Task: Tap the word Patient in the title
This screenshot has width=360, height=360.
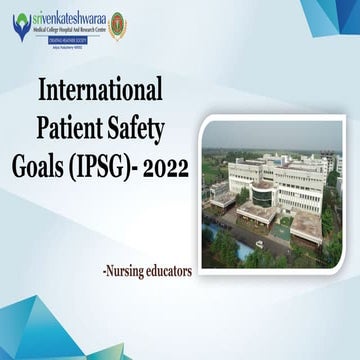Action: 71,127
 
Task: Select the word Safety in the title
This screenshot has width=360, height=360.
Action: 139,127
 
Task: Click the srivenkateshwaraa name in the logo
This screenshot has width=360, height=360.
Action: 63,16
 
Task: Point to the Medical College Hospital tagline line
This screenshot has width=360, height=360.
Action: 62,28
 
